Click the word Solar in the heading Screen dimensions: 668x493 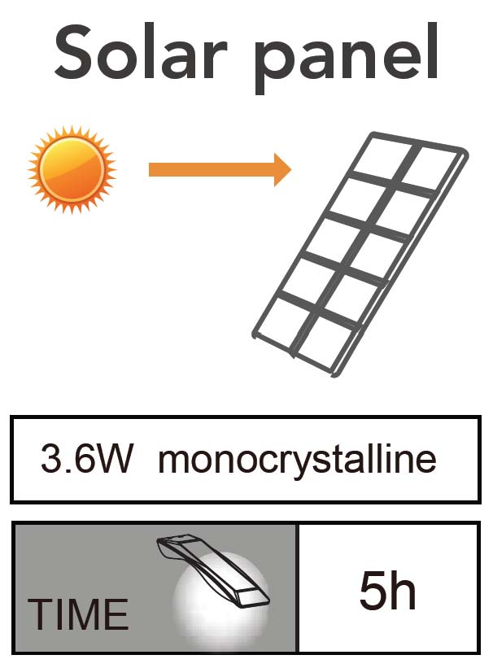135,51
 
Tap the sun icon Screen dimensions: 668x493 72,169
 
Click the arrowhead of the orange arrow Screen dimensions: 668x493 281,169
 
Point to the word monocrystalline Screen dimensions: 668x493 297,461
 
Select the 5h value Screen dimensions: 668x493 387,592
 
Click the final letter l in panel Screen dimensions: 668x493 433,49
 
